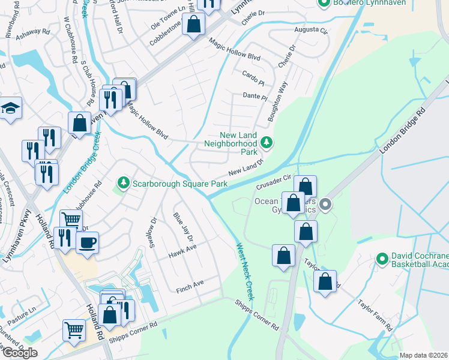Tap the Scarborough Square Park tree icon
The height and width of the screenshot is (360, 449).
click(124, 182)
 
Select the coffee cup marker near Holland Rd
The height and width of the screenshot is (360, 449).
click(87, 242)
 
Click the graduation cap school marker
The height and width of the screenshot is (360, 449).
click(10, 108)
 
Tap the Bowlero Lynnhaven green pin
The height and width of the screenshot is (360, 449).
click(325, 4)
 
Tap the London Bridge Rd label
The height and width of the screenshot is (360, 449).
click(402, 131)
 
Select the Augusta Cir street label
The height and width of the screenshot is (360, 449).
click(310, 29)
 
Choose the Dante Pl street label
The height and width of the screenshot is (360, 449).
click(255, 96)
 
